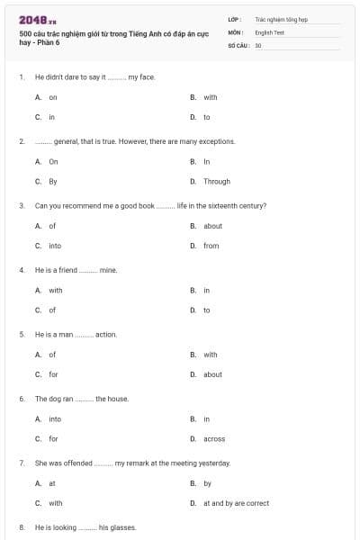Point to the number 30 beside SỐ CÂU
[x=258, y=43]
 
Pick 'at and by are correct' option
[x=236, y=503]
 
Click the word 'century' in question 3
[x=248, y=205]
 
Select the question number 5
[x=22, y=334]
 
